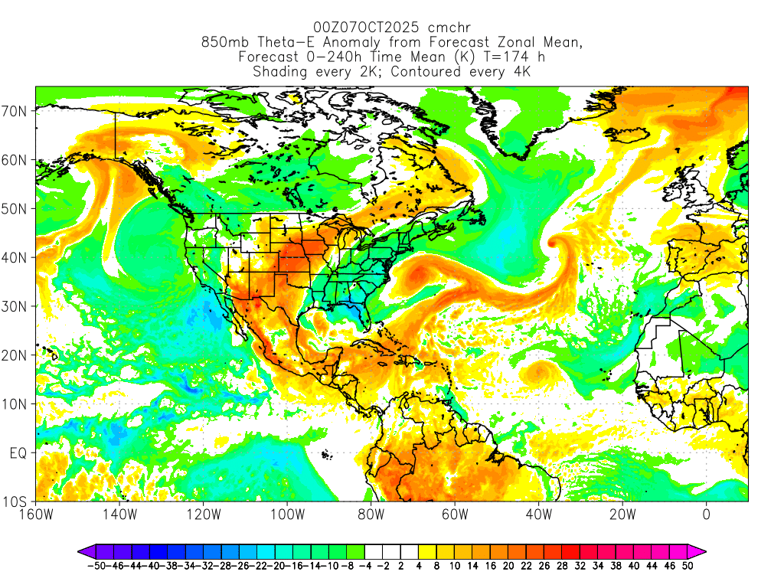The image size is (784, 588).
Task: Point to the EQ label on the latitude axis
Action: click(19, 452)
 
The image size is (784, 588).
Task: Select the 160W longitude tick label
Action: click(37, 514)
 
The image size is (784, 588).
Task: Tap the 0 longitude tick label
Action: click(706, 514)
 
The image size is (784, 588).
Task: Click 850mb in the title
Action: click(221, 43)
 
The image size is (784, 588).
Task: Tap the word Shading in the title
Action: click(279, 72)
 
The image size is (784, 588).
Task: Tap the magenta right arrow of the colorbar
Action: click(699, 550)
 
